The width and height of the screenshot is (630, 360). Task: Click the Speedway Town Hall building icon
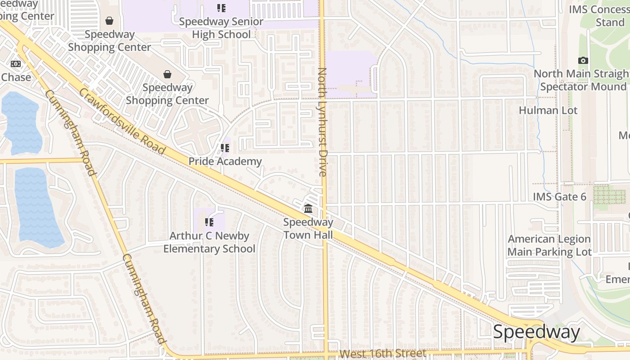pyautogui.click(x=308, y=208)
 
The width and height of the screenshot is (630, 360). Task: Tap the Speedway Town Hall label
pyautogui.click(x=308, y=229)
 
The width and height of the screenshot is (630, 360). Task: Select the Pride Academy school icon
pyautogui.click(x=225, y=148)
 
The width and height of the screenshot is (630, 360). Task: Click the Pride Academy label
pyautogui.click(x=225, y=161)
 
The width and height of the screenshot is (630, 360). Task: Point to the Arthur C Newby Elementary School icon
pyautogui.click(x=209, y=222)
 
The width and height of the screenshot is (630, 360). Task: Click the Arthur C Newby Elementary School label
pyautogui.click(x=209, y=242)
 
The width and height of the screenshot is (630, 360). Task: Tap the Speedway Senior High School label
pyautogui.click(x=221, y=28)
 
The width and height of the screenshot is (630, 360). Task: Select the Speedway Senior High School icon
pyautogui.click(x=221, y=8)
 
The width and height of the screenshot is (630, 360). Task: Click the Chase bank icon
pyautogui.click(x=16, y=64)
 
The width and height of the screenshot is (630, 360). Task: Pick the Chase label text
pyautogui.click(x=16, y=77)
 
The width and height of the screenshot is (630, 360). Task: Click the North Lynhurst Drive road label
pyautogui.click(x=322, y=121)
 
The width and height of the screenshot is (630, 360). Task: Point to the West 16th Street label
pyautogui.click(x=382, y=353)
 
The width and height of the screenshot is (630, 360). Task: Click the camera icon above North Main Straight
pyautogui.click(x=583, y=60)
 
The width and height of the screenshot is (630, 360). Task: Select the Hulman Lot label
pyautogui.click(x=548, y=110)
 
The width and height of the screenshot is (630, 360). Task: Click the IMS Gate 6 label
pyautogui.click(x=559, y=197)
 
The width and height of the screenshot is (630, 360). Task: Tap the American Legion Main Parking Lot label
pyautogui.click(x=549, y=246)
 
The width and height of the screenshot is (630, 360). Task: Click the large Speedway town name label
pyautogui.click(x=536, y=332)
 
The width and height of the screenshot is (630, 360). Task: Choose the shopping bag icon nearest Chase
pyautogui.click(x=109, y=21)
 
